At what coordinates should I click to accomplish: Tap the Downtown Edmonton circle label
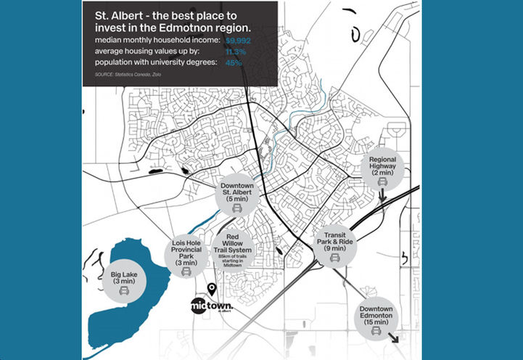[x=376, y=318]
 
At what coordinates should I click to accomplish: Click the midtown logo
[x=213, y=305]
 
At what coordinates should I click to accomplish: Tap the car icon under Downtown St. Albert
[x=236, y=208]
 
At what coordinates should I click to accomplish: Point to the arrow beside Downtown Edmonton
[x=395, y=337]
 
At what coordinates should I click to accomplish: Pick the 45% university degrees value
[x=234, y=63]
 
